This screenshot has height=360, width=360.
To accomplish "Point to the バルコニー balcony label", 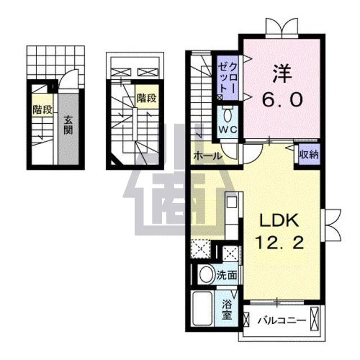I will tap(281, 321).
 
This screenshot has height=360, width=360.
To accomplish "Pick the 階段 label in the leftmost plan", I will tap(39, 109).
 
